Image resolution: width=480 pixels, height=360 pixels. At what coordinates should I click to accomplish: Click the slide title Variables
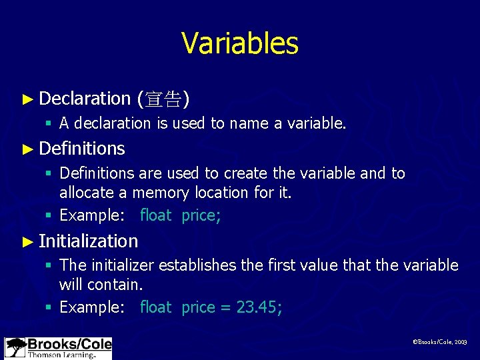point(239,43)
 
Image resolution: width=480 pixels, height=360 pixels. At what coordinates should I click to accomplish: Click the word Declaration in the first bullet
point(85,99)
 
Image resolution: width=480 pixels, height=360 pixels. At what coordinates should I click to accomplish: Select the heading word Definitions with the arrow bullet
point(82,148)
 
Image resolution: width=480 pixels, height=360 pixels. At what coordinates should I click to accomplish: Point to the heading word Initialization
point(89,241)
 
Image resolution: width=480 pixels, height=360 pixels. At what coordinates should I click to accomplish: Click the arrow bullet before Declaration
point(27,99)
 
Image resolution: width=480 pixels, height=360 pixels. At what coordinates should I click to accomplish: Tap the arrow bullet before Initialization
point(27,241)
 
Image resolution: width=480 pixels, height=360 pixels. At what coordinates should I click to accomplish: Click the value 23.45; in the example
point(259,307)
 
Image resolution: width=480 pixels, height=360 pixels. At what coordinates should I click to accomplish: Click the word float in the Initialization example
point(155,307)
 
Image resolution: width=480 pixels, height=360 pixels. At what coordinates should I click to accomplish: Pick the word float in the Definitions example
point(155,215)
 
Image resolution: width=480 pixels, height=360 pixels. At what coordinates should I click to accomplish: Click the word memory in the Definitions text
point(158,193)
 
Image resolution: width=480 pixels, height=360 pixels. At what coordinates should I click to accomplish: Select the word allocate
point(85,193)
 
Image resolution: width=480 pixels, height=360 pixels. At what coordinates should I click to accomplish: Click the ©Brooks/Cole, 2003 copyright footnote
point(440,341)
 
